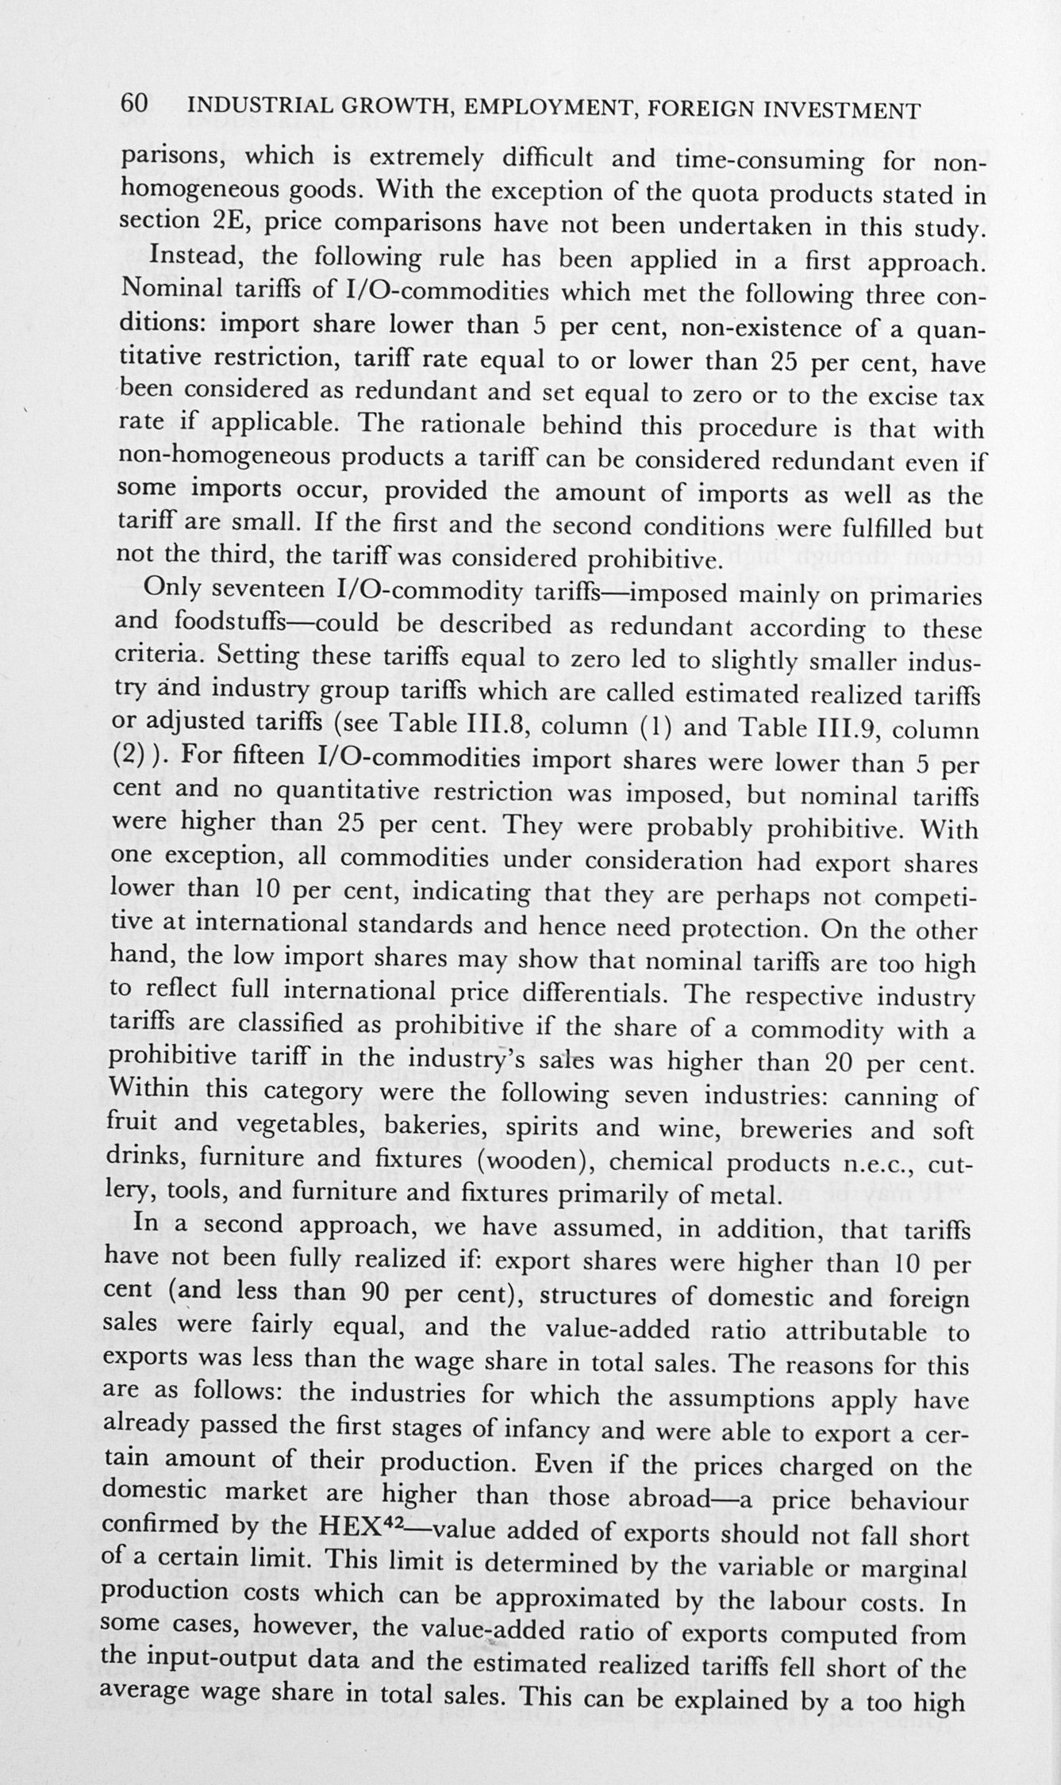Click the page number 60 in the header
pyautogui.click(x=134, y=103)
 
